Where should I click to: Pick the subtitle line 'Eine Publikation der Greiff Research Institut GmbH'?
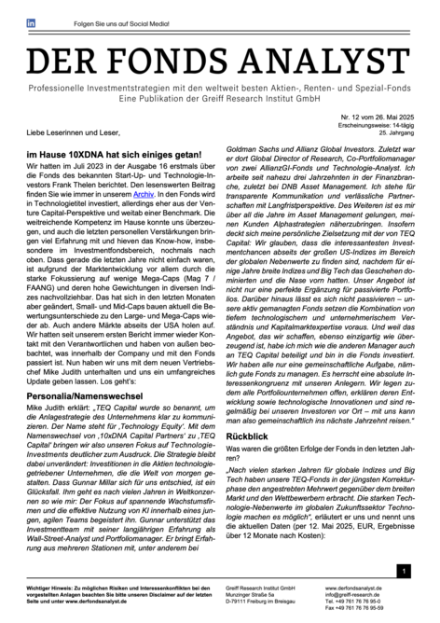(x=220, y=100)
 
